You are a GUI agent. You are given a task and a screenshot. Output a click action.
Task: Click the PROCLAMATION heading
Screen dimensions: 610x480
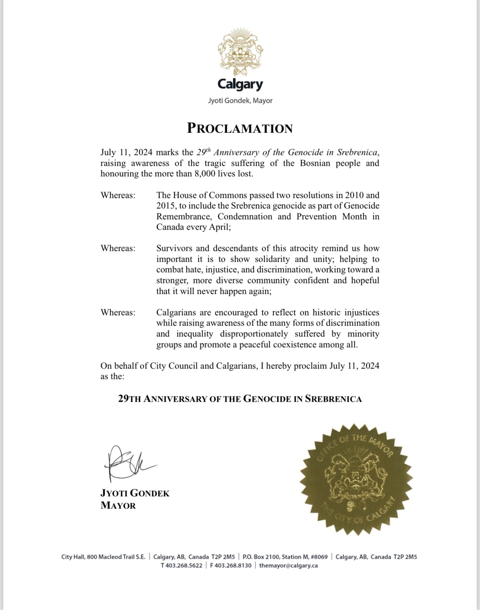click(x=240, y=128)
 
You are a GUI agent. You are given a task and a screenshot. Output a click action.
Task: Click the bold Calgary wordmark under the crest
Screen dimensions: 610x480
click(x=240, y=84)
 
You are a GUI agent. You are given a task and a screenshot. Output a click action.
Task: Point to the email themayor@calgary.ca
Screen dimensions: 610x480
click(x=288, y=565)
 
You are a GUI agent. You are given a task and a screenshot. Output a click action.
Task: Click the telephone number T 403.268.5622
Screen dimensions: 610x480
click(x=181, y=565)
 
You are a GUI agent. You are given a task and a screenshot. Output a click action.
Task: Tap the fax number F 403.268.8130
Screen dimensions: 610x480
click(x=230, y=565)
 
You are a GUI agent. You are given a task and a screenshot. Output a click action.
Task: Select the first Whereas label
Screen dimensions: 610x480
click(x=118, y=195)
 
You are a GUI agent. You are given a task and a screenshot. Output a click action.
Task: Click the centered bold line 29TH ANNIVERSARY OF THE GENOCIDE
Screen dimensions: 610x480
click(x=240, y=399)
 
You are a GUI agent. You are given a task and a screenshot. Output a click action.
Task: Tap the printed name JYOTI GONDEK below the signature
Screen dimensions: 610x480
click(x=135, y=493)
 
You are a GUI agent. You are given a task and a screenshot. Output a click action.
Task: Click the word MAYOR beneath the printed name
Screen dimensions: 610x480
click(x=118, y=505)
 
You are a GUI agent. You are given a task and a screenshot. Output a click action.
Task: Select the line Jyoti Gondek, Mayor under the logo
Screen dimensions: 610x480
click(x=240, y=101)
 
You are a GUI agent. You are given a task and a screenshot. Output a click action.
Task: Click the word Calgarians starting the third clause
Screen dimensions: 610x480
click(x=178, y=312)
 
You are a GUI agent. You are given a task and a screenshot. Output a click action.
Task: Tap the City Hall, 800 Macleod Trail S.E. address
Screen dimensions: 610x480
click(x=103, y=557)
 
